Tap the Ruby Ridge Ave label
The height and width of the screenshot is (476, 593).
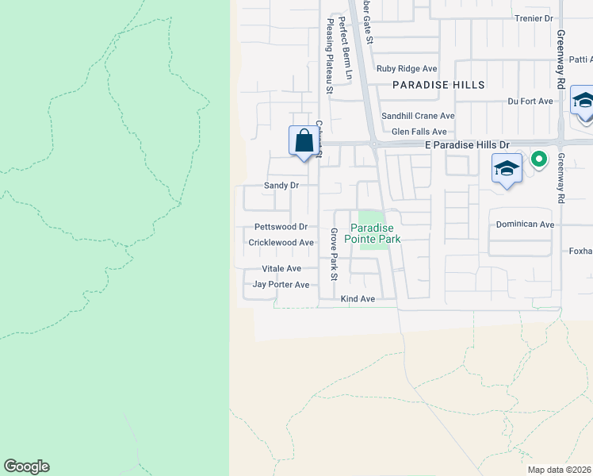coord(407,69)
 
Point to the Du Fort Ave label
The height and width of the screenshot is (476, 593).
coord(530,102)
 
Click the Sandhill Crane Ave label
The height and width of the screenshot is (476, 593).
coord(418,116)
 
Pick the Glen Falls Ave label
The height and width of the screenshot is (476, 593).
coord(419,132)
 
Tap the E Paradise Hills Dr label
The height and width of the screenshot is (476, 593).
coord(466,145)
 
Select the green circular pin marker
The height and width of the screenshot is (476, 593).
coord(539,159)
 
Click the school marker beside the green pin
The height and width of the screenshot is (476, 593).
coord(507,168)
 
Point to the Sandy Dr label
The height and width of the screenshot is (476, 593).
coord(281,186)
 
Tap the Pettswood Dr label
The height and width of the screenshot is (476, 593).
coord(281,227)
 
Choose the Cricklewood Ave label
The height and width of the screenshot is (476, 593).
coord(281,243)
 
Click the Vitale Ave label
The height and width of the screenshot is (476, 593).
coord(282,269)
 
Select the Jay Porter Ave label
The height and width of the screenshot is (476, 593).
coord(281,285)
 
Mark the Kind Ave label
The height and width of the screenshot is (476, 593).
coord(358,299)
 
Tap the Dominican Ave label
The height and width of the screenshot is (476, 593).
coord(525,225)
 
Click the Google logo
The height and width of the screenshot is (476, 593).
coord(26,466)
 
